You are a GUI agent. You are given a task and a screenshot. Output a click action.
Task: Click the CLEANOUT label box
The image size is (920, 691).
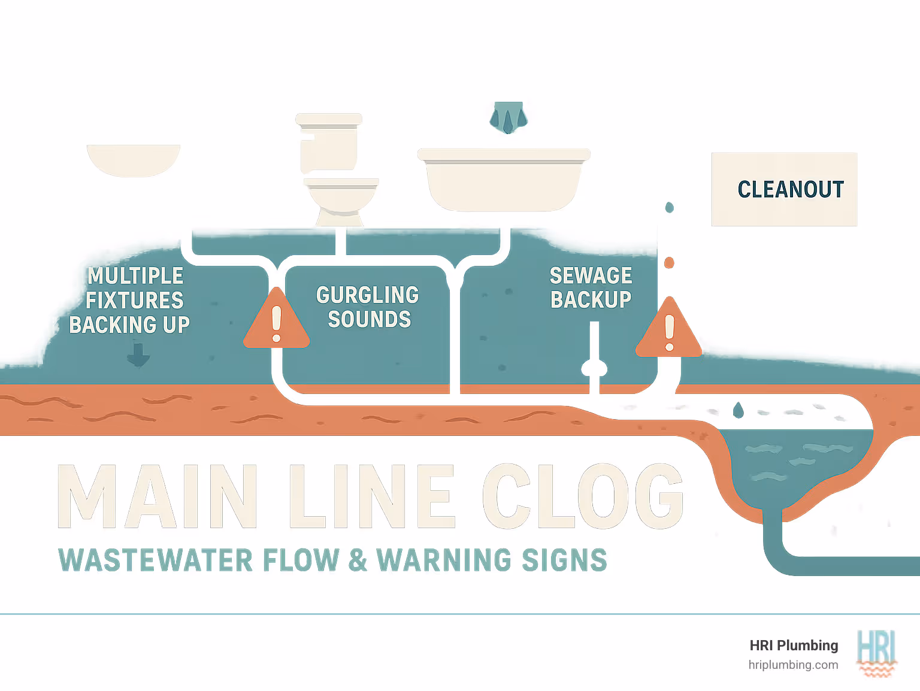(x=784, y=189)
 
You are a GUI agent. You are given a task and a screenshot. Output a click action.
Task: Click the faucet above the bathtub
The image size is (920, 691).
(x=508, y=117)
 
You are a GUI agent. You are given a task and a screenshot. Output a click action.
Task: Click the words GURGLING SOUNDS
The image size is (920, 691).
(x=368, y=307)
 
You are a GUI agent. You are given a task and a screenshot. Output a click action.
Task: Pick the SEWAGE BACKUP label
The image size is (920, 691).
(x=591, y=287)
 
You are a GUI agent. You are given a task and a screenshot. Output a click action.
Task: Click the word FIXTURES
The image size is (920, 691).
(x=135, y=300)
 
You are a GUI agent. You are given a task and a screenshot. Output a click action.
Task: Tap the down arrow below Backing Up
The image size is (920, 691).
(x=138, y=354)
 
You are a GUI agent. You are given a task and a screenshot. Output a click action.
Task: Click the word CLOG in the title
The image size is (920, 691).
(x=583, y=497)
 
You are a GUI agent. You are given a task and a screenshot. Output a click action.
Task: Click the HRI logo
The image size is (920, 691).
(x=876, y=653)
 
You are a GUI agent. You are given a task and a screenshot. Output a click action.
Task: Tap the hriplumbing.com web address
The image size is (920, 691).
(x=793, y=665)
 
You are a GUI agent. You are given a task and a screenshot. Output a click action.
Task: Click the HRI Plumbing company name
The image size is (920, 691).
(x=794, y=645)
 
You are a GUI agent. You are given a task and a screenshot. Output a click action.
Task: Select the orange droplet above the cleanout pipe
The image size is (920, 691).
(x=670, y=263)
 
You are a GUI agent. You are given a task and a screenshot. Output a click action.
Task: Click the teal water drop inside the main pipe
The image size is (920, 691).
(x=739, y=410)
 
